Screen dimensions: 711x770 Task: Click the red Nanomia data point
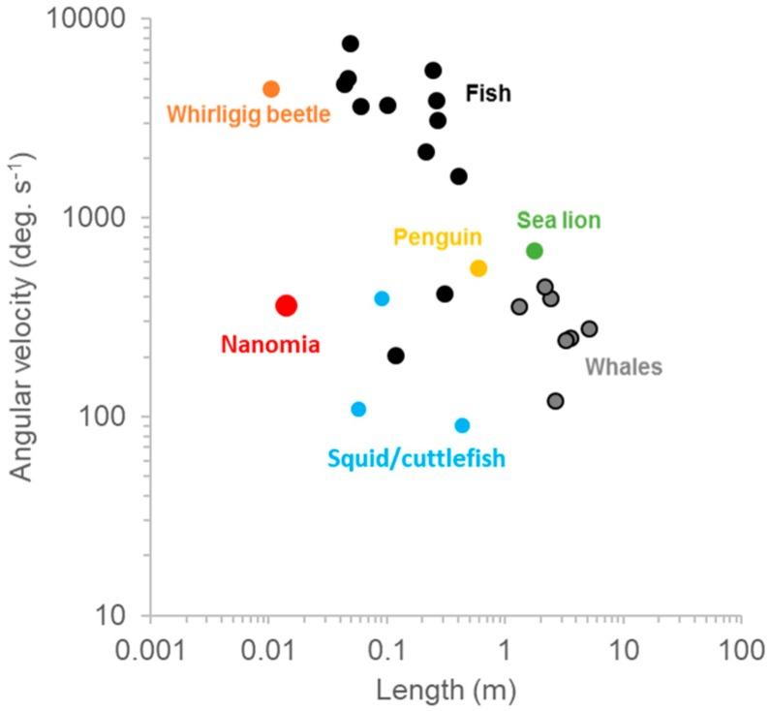pyautogui.click(x=286, y=305)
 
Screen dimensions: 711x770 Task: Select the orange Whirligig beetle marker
pyautogui.click(x=271, y=89)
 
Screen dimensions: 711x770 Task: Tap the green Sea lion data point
pyautogui.click(x=534, y=251)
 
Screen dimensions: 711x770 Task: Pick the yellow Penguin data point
pyautogui.click(x=477, y=268)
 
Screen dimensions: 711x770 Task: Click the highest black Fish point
pyautogui.click(x=350, y=44)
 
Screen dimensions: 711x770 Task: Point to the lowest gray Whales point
pyautogui.click(x=555, y=401)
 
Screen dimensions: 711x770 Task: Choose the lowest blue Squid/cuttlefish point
pyautogui.click(x=462, y=425)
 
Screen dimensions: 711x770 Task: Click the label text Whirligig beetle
pyautogui.click(x=249, y=114)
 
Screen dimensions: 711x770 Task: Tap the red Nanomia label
pyautogui.click(x=270, y=343)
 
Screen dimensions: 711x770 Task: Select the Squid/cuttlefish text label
pyautogui.click(x=416, y=458)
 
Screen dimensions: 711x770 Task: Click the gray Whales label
pyautogui.click(x=623, y=366)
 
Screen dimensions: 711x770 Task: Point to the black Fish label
pyautogui.click(x=487, y=94)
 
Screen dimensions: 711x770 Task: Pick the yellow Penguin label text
pyautogui.click(x=437, y=237)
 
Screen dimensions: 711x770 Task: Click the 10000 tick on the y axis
pyautogui.click(x=108, y=19)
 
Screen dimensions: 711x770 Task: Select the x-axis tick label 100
pyautogui.click(x=741, y=644)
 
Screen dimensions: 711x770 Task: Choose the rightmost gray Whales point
pyautogui.click(x=589, y=329)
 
